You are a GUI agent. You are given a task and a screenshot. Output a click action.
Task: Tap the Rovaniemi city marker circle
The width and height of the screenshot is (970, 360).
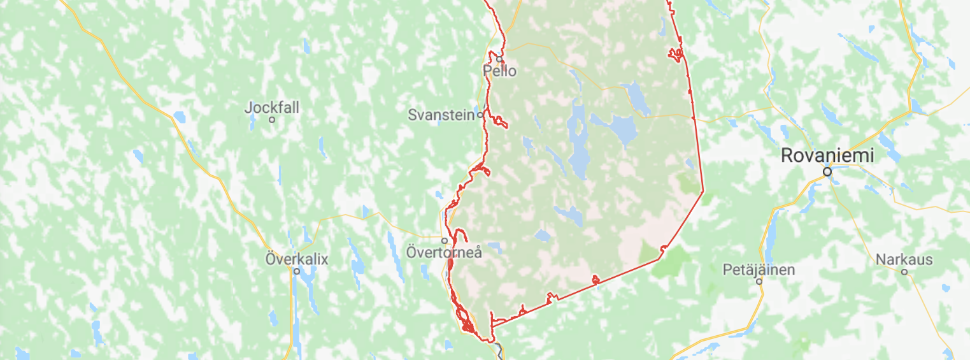pos(827,171)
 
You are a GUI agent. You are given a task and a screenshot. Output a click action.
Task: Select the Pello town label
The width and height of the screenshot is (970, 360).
pos(500,71)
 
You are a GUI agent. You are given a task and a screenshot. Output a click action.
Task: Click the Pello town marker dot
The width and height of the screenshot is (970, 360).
pos(500,59)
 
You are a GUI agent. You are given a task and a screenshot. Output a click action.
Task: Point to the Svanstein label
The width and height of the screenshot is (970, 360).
pos(441,115)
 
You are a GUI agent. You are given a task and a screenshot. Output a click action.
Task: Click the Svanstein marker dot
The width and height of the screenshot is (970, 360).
pos(480,116)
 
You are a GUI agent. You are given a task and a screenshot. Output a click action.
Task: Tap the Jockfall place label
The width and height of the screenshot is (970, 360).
pos(271,107)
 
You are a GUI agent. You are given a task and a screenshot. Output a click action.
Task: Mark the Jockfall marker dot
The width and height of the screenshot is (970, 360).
pos(272,119)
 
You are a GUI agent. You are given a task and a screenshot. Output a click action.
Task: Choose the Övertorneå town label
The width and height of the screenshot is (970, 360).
pos(444,252)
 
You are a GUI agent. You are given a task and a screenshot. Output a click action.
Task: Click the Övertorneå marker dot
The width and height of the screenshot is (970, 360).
pos(445,240)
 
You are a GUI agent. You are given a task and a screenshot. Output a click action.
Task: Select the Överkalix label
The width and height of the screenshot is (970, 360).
pos(296,259)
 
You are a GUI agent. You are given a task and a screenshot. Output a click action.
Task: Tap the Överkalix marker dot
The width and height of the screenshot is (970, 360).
pos(296,271)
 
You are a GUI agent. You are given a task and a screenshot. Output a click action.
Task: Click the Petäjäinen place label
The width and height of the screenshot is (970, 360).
pos(759,270)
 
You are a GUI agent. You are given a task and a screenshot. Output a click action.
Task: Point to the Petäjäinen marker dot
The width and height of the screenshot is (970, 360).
pos(759,282)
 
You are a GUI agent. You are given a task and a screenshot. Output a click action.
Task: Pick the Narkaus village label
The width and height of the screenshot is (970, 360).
pos(904,259)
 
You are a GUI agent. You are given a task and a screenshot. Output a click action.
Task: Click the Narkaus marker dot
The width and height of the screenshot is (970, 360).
pos(904,272)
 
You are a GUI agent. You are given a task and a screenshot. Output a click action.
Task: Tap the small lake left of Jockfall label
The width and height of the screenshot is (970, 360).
pos(180,117)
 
